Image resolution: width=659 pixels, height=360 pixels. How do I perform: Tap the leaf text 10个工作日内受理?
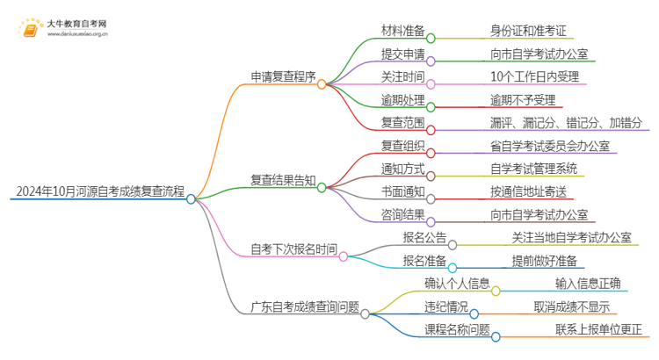[536, 76]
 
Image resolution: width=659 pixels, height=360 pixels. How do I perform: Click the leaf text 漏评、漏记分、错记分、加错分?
[566, 122]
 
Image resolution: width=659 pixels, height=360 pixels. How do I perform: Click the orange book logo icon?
[33, 28]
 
